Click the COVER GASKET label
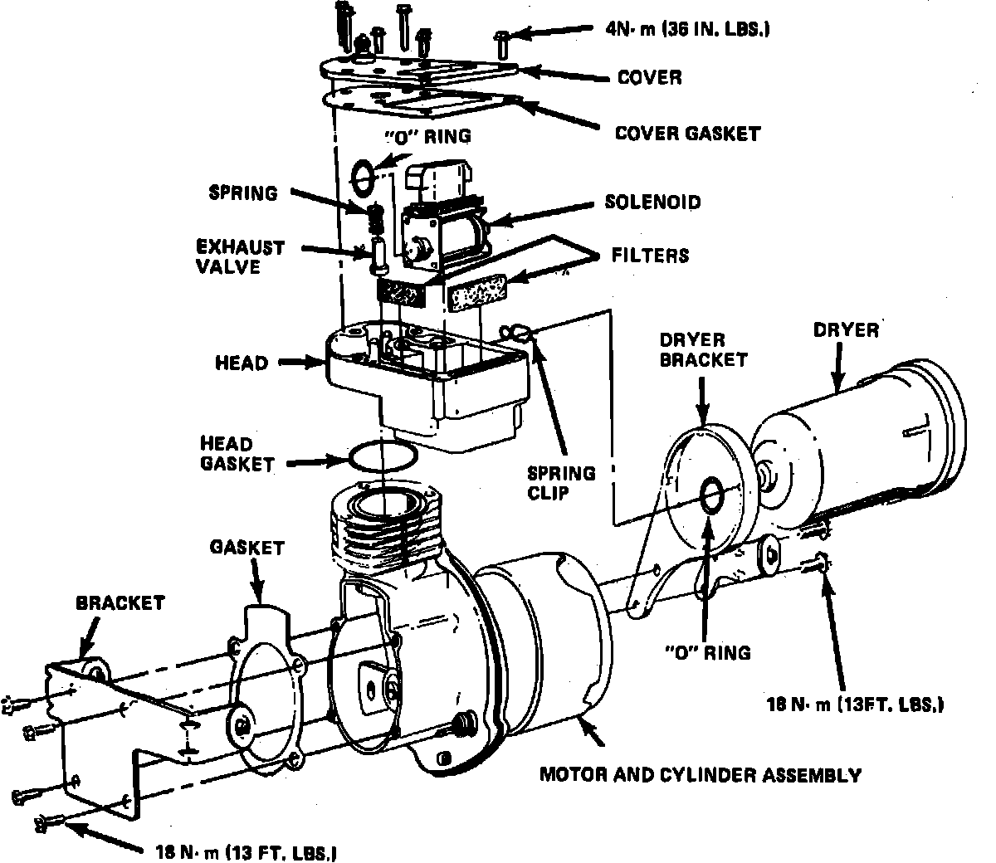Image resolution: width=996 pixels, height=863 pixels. click(x=687, y=133)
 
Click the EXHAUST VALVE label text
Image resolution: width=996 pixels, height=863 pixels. click(x=240, y=256)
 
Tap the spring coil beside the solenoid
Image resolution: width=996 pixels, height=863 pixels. click(x=374, y=220)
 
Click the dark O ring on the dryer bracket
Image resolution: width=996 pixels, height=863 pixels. click(x=712, y=495)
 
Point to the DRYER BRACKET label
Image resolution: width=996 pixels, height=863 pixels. click(x=704, y=349)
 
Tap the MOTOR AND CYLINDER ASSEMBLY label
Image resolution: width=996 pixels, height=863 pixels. click(x=701, y=776)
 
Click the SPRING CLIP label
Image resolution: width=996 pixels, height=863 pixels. click(x=562, y=484)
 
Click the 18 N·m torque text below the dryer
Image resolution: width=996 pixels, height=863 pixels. click(x=855, y=705)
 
